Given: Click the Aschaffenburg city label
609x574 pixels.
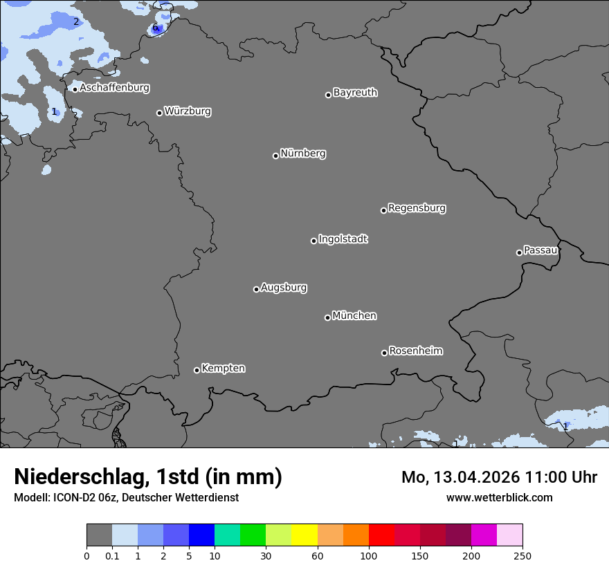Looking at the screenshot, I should pyautogui.click(x=114, y=88).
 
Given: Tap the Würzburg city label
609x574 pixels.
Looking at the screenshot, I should pyautogui.click(x=188, y=111).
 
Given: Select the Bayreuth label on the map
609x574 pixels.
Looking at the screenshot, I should pyautogui.click(x=355, y=93).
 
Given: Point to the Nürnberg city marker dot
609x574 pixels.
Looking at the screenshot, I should pyautogui.click(x=275, y=156).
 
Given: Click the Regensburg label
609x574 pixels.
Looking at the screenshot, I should pyautogui.click(x=417, y=208).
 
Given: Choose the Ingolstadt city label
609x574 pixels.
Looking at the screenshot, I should pyautogui.click(x=343, y=239).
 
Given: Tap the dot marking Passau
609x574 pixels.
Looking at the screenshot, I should pyautogui.click(x=519, y=252).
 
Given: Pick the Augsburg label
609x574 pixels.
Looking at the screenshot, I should pyautogui.click(x=284, y=288).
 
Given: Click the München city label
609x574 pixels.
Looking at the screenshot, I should pyautogui.click(x=354, y=316).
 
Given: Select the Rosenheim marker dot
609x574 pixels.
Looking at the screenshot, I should pyautogui.click(x=384, y=353).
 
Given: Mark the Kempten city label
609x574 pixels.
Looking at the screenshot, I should pyautogui.click(x=223, y=369).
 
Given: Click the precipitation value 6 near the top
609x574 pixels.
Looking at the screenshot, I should pyautogui.click(x=155, y=28).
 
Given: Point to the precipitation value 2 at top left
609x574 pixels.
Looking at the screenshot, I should pyautogui.click(x=76, y=21).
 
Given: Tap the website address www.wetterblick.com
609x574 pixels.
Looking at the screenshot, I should pyautogui.click(x=499, y=497).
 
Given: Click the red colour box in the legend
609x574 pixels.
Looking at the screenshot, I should pyautogui.click(x=381, y=535).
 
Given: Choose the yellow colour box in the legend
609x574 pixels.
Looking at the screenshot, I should pyautogui.click(x=304, y=535).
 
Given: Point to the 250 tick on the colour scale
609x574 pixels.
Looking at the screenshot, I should pyautogui.click(x=522, y=555).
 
